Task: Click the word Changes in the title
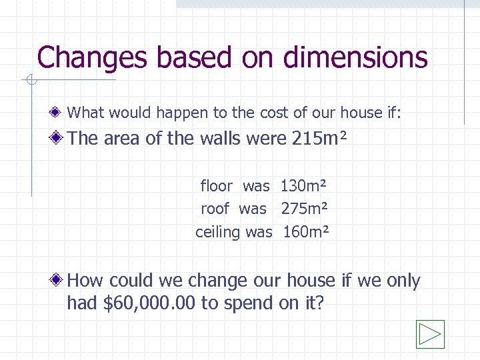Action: coord(93,57)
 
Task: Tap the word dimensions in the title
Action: coord(355,57)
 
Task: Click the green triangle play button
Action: coord(430,334)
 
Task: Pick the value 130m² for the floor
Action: coord(304,186)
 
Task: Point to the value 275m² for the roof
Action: coord(304,209)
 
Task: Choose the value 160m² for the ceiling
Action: coord(306,232)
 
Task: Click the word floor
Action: coord(216,186)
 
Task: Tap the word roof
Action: coord(215,209)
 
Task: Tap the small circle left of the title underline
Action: coord(29,81)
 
